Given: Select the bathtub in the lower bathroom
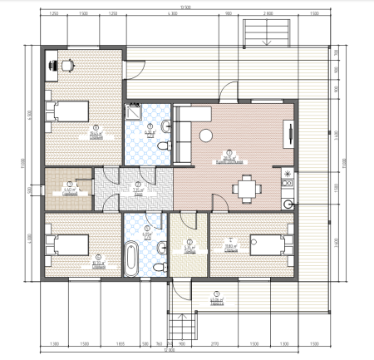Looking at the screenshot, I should (x=130, y=259).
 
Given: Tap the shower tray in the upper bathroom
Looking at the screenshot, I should (x=133, y=111).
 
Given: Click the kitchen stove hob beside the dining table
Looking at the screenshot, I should (x=288, y=175).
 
